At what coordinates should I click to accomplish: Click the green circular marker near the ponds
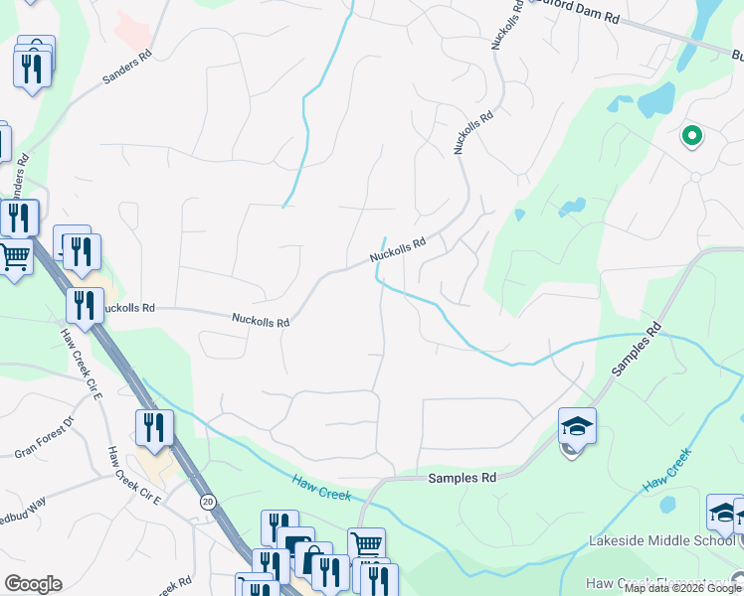pyautogui.click(x=691, y=136)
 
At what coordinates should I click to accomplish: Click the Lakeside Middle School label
pyautogui.click(x=674, y=542)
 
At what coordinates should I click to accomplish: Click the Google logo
pyautogui.click(x=33, y=584)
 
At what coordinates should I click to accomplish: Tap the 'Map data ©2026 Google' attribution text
pyautogui.click(x=682, y=588)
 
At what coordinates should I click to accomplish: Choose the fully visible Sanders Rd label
pyautogui.click(x=126, y=68)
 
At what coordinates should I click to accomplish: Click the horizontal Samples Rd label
pyautogui.click(x=462, y=478)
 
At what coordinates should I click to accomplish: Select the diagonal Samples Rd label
pyautogui.click(x=636, y=349)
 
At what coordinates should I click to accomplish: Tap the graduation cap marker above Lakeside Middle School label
pyautogui.click(x=723, y=513)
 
